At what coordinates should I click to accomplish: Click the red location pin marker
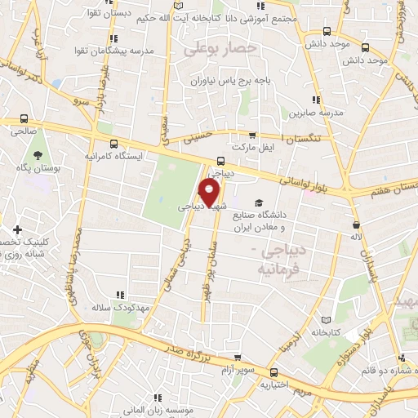click(210, 193)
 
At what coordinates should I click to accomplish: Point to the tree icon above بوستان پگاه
click(37, 154)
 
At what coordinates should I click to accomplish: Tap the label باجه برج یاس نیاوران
click(233, 81)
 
